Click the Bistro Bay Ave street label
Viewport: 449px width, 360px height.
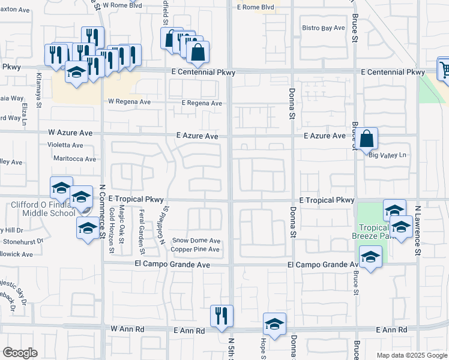323,28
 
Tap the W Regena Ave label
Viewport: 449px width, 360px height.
129,102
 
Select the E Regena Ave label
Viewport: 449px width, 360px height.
202,103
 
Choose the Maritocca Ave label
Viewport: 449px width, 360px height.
74,159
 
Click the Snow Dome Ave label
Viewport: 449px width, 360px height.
197,241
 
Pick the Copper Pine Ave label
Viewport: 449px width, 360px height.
196,249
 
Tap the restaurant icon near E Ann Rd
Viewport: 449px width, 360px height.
221,314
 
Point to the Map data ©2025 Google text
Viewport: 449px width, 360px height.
411,355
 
